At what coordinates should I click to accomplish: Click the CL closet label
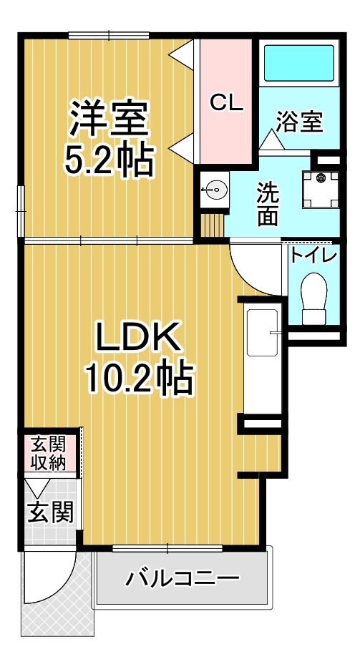[x=226, y=103]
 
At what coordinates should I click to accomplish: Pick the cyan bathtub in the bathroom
[x=299, y=63]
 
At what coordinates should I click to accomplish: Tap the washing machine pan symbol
[x=321, y=190]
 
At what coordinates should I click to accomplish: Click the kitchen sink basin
[x=264, y=333]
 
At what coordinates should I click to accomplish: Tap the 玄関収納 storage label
[x=49, y=453]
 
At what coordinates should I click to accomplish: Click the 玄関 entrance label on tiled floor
[x=51, y=512]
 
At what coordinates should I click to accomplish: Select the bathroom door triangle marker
[x=270, y=140]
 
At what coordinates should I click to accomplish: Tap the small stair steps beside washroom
[x=212, y=225]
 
